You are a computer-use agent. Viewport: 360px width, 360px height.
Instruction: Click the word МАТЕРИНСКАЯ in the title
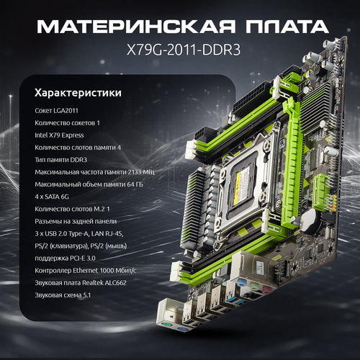pyautogui.click(x=136, y=26)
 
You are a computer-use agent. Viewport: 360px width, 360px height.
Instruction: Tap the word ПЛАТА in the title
pyautogui.click(x=287, y=26)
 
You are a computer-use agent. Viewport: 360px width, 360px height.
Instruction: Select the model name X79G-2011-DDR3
pyautogui.click(x=184, y=50)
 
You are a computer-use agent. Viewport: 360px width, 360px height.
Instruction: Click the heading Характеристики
pyautogui.click(x=78, y=93)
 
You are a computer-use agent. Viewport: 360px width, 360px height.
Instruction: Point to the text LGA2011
pyautogui.click(x=66, y=111)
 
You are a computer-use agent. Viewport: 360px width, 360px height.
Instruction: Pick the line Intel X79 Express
pyautogui.click(x=59, y=135)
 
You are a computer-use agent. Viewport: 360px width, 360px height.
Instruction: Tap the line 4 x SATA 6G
pyautogui.click(x=52, y=197)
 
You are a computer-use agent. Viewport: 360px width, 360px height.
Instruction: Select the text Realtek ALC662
pyautogui.click(x=104, y=283)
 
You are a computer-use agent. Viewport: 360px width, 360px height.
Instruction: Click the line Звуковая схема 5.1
pyautogui.click(x=63, y=295)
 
